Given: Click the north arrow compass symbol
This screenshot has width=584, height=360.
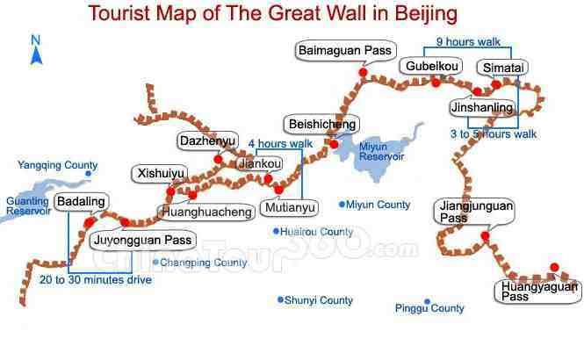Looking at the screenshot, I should coord(36,51).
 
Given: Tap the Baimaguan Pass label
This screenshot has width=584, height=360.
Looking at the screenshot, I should coord(346,51).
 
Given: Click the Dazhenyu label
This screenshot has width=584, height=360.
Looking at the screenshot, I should coord(206,140).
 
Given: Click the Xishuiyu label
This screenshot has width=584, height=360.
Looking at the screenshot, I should coord(160,174).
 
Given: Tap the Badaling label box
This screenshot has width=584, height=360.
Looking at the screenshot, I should coord(80,202).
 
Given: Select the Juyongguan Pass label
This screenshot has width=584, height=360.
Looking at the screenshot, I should coord(141,240).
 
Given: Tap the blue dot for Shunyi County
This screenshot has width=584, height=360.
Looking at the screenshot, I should coord(280,299).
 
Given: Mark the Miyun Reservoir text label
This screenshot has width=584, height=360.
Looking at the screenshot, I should coord(381,151).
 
